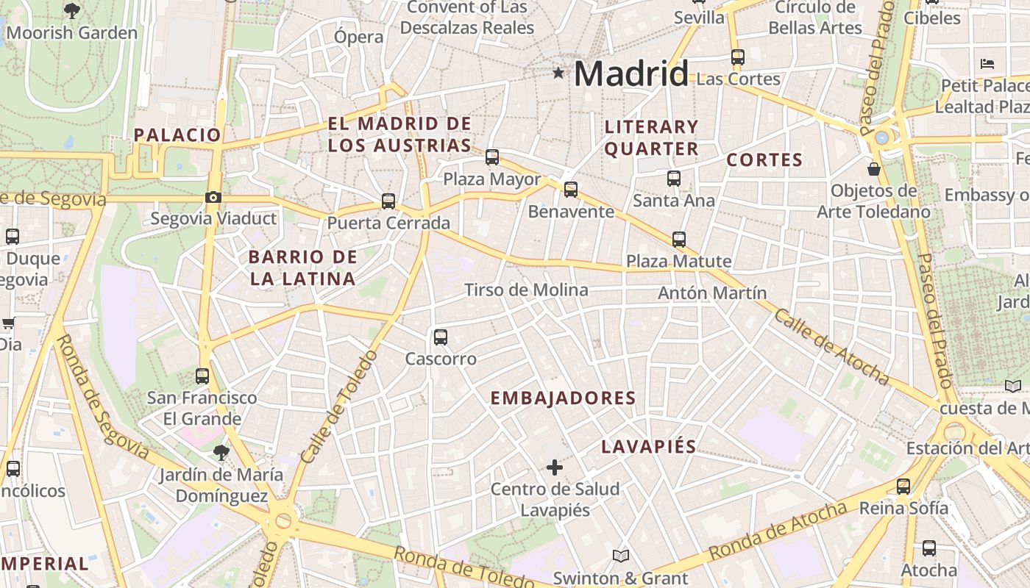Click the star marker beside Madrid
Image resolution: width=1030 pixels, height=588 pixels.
pyautogui.click(x=559, y=73)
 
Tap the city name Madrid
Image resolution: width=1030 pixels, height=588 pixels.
pyautogui.click(x=631, y=73)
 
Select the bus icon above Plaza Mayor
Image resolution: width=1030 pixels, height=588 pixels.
pyautogui.click(x=492, y=157)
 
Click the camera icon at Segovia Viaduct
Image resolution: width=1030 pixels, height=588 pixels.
pyautogui.click(x=213, y=197)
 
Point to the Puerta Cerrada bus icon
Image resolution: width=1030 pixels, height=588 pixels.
pyautogui.click(x=388, y=201)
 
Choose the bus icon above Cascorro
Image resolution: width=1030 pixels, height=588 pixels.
pyautogui.click(x=441, y=337)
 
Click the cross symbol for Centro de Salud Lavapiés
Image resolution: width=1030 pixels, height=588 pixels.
pyautogui.click(x=555, y=467)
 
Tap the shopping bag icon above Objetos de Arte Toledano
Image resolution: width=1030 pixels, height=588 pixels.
pyautogui.click(x=874, y=169)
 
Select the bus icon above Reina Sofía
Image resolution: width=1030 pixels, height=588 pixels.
pyautogui.click(x=903, y=486)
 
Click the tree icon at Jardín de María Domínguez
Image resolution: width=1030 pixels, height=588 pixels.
pyautogui.click(x=221, y=452)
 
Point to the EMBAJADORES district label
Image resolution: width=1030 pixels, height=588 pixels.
pyautogui.click(x=563, y=398)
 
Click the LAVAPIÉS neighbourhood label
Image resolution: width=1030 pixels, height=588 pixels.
pyautogui.click(x=648, y=447)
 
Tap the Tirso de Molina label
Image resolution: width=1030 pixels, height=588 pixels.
pyautogui.click(x=526, y=290)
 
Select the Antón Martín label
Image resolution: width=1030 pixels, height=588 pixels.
pyautogui.click(x=712, y=293)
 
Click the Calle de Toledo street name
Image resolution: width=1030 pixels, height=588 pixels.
pyautogui.click(x=338, y=408)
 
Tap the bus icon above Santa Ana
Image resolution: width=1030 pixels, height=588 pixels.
pyautogui.click(x=673, y=178)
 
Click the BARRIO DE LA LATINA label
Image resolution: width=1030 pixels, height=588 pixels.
pyautogui.click(x=302, y=268)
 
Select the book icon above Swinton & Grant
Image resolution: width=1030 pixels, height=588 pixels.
pyautogui.click(x=621, y=556)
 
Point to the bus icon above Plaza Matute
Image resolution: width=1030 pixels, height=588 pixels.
pyautogui.click(x=679, y=239)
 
